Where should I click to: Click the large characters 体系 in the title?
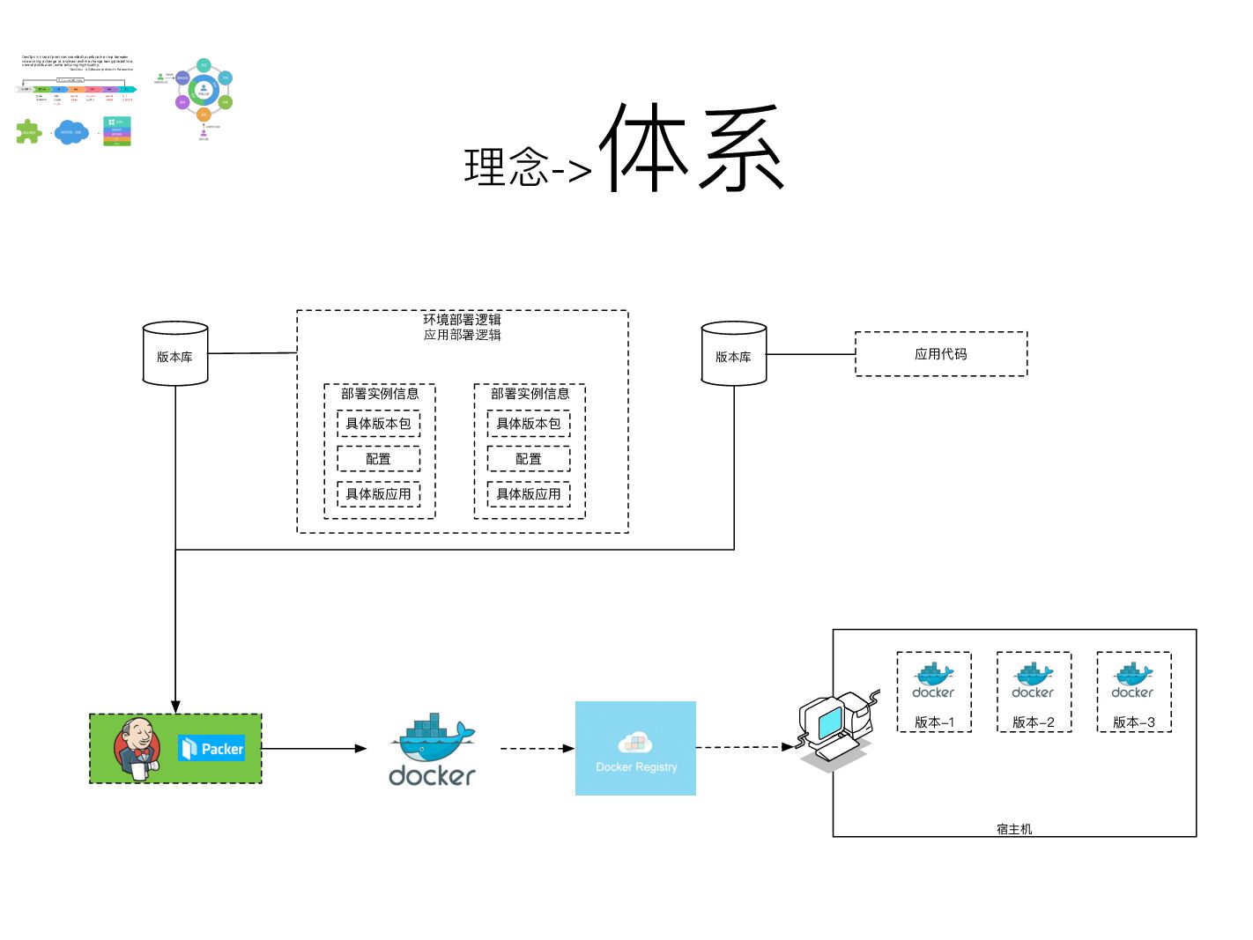[x=693, y=148]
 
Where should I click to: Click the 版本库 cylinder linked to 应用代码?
[x=733, y=354]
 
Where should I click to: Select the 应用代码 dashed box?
[x=940, y=354]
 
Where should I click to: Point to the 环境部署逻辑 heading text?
[x=462, y=319]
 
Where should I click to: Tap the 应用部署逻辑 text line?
[x=462, y=335]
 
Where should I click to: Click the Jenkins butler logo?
[x=137, y=748]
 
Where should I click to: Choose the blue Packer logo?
[x=211, y=749]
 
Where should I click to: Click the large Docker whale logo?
[x=433, y=750]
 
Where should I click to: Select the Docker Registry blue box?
[x=635, y=748]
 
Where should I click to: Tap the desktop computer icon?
[x=834, y=727]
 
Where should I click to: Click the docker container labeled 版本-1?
[x=934, y=692]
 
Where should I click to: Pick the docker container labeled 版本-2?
[x=1034, y=692]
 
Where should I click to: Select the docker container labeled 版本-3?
[x=1133, y=692]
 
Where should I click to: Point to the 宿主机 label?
[x=1014, y=829]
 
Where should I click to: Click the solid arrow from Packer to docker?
[x=314, y=749]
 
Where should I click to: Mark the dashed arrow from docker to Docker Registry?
[x=537, y=749]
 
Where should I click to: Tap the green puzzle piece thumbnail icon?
[x=28, y=132]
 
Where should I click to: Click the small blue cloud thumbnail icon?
[x=71, y=133]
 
